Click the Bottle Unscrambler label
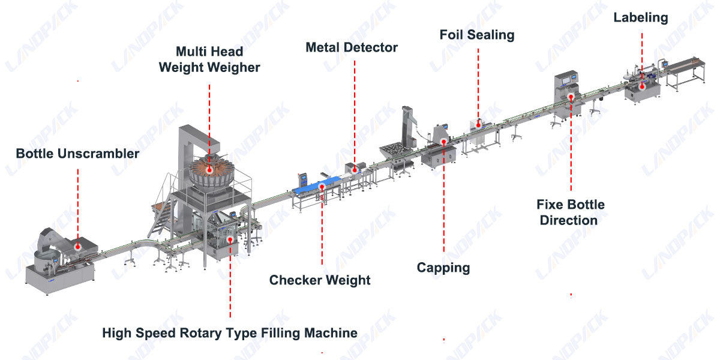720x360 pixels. click(x=77, y=154)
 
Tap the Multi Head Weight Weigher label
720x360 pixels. click(x=209, y=59)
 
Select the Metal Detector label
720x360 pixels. click(x=352, y=47)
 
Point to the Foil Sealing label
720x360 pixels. click(x=477, y=35)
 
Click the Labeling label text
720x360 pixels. click(x=640, y=17)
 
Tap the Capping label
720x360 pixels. click(x=443, y=268)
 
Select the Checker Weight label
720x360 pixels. click(x=320, y=280)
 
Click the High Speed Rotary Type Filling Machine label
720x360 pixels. click(x=230, y=332)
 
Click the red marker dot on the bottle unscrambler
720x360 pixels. click(x=78, y=245)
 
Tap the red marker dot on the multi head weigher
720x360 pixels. click(x=209, y=170)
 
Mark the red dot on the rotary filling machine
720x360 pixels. click(x=230, y=239)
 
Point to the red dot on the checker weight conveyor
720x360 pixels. click(x=322, y=188)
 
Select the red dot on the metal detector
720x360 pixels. click(x=355, y=169)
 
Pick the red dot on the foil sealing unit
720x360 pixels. click(x=478, y=124)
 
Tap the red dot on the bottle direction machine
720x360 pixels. click(x=571, y=96)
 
